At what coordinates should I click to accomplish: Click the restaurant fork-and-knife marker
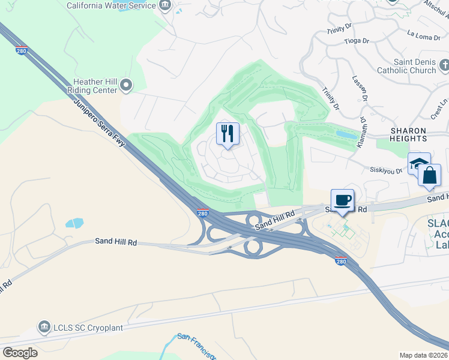coord(228,134)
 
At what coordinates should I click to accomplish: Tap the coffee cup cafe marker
coord(342,200)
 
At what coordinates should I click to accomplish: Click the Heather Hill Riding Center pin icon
coord(126,86)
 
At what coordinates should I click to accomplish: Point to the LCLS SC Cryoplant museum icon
coord(44,327)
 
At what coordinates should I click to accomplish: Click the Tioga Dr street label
coord(357,41)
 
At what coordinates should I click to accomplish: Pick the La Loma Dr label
coord(423,37)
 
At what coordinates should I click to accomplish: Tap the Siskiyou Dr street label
coord(386,171)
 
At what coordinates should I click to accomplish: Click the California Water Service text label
coord(111,5)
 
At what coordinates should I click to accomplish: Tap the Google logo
coord(20,352)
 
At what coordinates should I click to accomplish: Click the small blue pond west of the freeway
coord(74,223)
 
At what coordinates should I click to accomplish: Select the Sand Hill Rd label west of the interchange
coord(116,242)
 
